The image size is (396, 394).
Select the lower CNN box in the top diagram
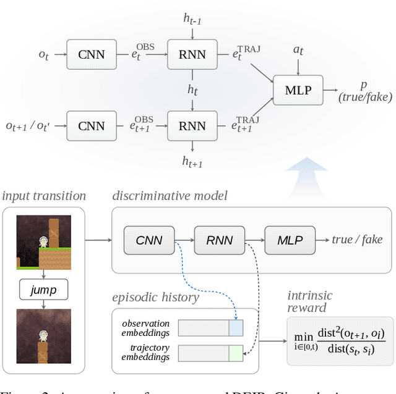[92, 125]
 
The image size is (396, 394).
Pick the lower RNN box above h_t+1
[192, 125]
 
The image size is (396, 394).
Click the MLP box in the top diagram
[298, 90]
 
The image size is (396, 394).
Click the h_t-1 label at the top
[192, 20]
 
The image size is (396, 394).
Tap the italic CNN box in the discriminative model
[149, 240]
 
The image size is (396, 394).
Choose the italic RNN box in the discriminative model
[219, 240]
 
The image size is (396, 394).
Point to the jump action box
[43, 288]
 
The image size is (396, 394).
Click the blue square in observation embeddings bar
[236, 327]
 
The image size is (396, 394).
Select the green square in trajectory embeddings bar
[236, 353]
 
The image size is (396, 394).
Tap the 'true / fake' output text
[357, 240]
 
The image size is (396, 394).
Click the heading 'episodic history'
[155, 298]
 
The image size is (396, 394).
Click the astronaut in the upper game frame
[43, 244]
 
